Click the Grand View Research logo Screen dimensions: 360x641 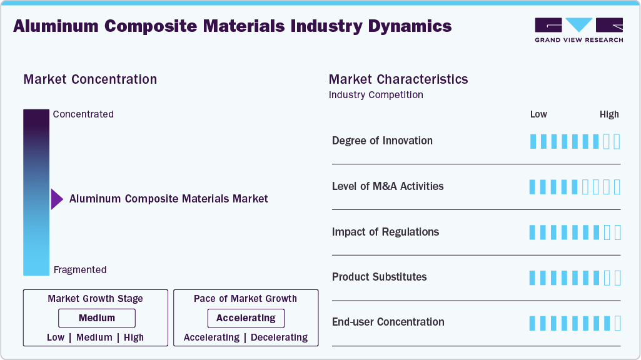pyautogui.click(x=578, y=29)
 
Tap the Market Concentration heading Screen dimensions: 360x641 pyautogui.click(x=90, y=79)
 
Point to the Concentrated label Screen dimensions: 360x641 pyautogui.click(x=83, y=114)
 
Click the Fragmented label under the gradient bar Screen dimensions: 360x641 pyautogui.click(x=80, y=270)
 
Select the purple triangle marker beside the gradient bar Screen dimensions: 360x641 pyautogui.click(x=57, y=199)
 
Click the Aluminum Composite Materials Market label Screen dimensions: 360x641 pyautogui.click(x=168, y=199)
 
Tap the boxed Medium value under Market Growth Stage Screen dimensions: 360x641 pyautogui.click(x=96, y=318)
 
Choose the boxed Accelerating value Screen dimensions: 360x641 pyautogui.click(x=246, y=318)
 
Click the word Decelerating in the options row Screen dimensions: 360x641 pyautogui.click(x=280, y=337)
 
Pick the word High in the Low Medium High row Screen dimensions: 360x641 pyautogui.click(x=134, y=337)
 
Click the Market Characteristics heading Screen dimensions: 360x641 pyautogui.click(x=398, y=79)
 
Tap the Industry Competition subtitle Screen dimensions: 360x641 pyautogui.click(x=376, y=95)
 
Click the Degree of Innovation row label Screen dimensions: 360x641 pyautogui.click(x=382, y=141)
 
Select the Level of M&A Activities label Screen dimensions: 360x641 pyautogui.click(x=388, y=186)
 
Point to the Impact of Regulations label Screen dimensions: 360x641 pyautogui.click(x=385, y=232)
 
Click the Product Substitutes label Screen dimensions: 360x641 pyautogui.click(x=379, y=277)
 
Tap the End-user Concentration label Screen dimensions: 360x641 pyautogui.click(x=388, y=322)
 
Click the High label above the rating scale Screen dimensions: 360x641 pyautogui.click(x=609, y=114)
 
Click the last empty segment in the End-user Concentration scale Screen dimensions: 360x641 pyautogui.click(x=617, y=323)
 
